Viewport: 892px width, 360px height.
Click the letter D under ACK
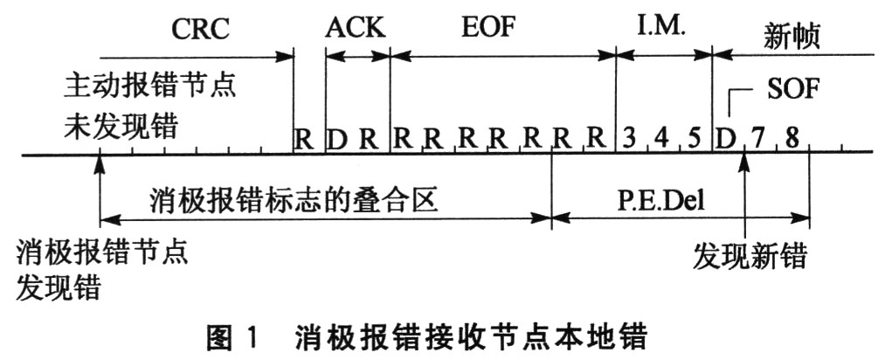(x=336, y=138)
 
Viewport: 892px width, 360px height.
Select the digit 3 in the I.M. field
(x=629, y=138)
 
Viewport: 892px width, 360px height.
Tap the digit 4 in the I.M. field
(x=661, y=138)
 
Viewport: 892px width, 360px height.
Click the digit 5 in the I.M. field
(x=695, y=138)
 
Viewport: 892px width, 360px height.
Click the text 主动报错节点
(x=151, y=89)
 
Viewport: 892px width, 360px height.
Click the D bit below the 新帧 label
(x=723, y=138)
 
